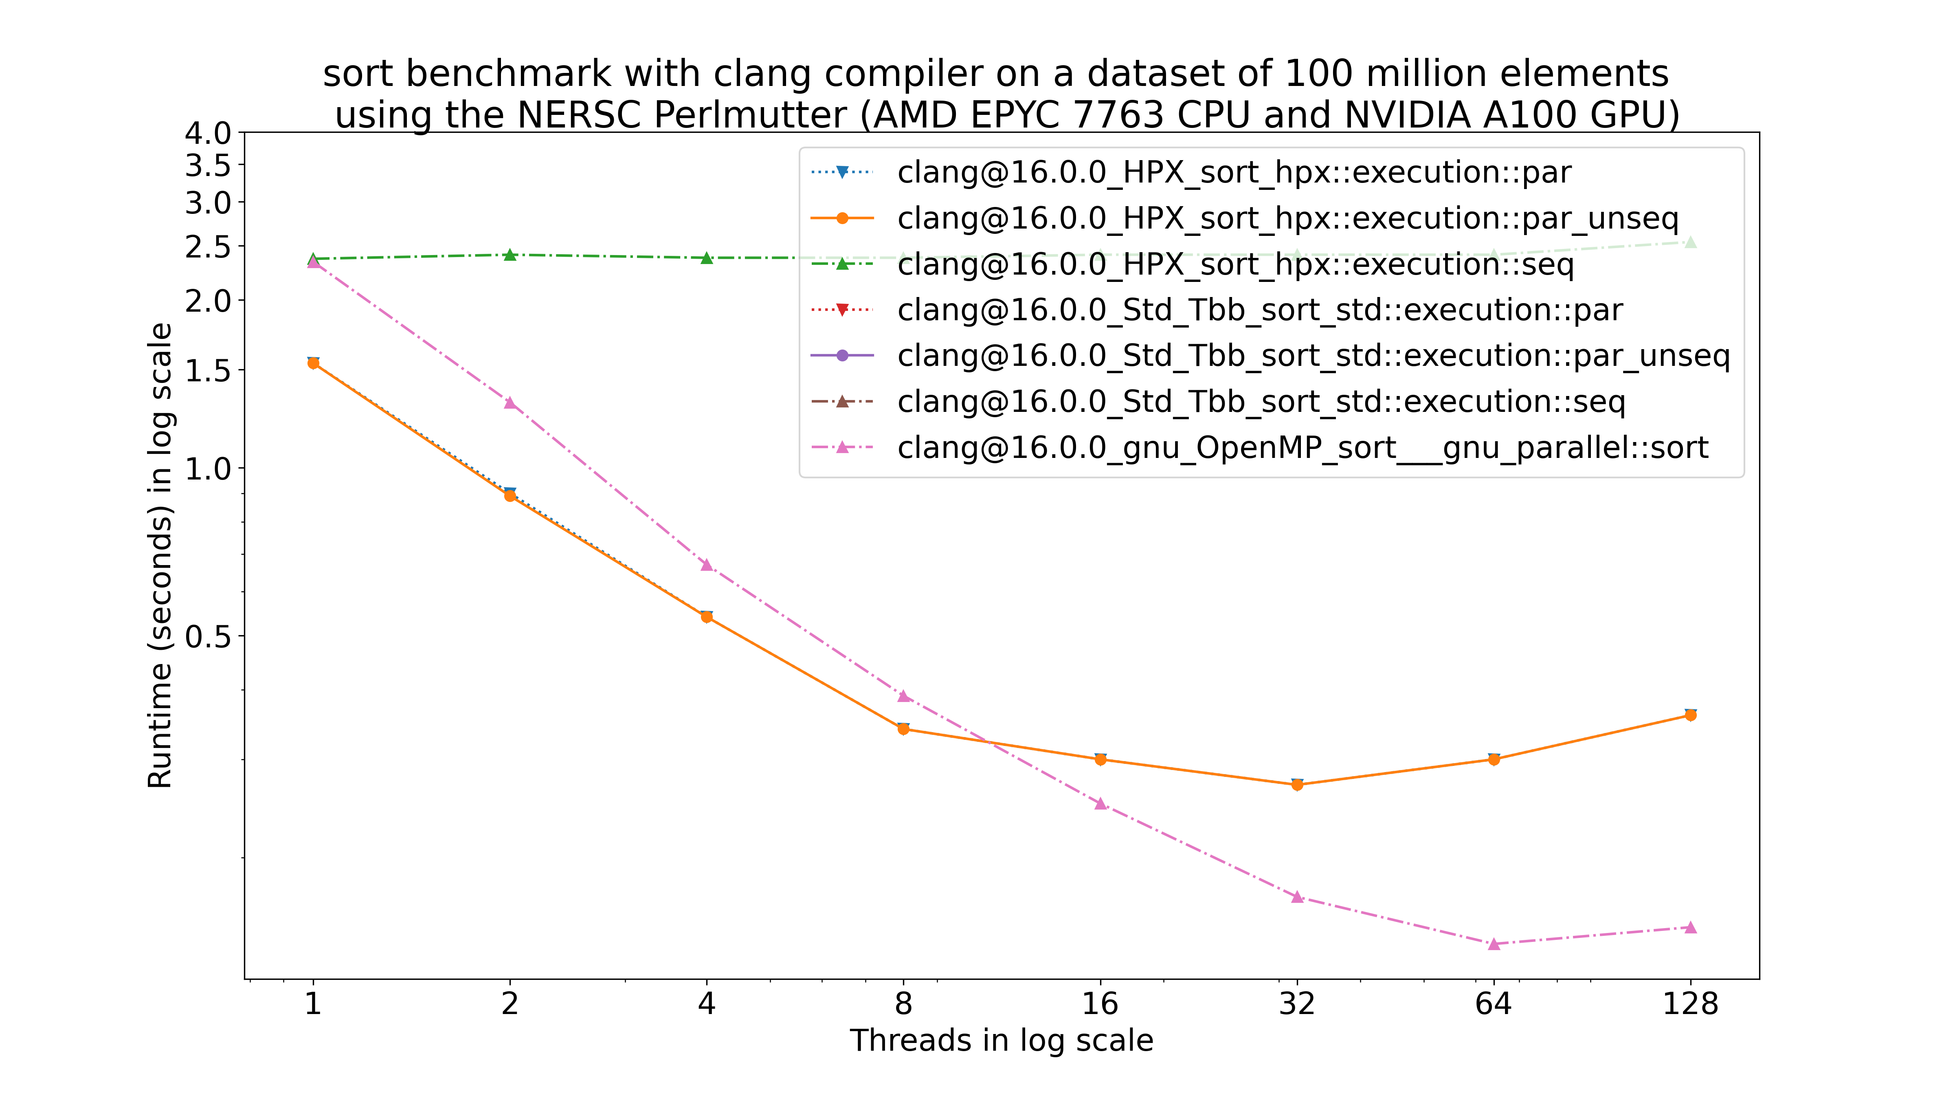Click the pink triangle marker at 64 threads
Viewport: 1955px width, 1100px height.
tap(1494, 944)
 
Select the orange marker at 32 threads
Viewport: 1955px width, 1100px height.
tap(1297, 785)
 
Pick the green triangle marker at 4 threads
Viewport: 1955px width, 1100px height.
tap(707, 258)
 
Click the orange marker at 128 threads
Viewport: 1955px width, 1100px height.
tap(1690, 715)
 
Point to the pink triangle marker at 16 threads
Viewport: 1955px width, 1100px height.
tap(1101, 803)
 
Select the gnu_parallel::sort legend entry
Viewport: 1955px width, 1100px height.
tap(1303, 448)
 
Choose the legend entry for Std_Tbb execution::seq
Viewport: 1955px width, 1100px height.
tap(1261, 402)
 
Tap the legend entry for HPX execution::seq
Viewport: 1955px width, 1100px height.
tap(1235, 264)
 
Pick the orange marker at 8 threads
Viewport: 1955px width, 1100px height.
tap(903, 729)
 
